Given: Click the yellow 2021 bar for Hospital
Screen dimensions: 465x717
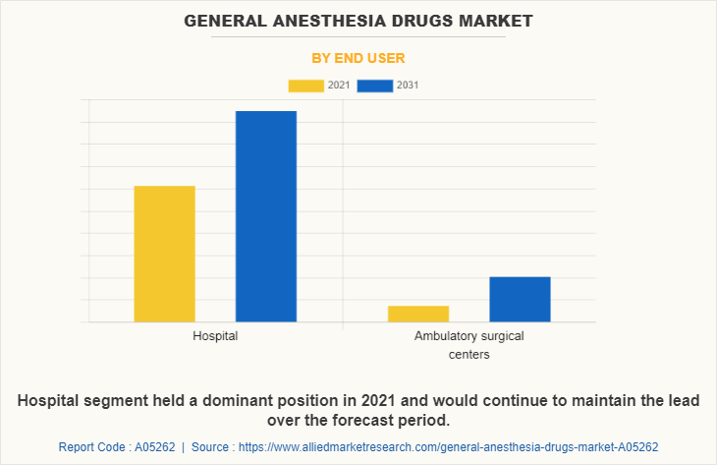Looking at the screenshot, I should tap(164, 254).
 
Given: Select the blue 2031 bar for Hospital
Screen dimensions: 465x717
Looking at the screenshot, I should tap(265, 216).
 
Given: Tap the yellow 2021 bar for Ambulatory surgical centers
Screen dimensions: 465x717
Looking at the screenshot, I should tap(418, 314).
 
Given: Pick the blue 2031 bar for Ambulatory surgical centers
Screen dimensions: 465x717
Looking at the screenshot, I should tap(520, 299).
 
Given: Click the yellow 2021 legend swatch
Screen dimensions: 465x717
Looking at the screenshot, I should tap(305, 86).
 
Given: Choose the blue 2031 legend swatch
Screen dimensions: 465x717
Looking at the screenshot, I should tap(375, 86).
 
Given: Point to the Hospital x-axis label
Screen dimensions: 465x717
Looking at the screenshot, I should tap(215, 336).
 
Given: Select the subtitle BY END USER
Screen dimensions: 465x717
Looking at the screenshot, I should tap(358, 58).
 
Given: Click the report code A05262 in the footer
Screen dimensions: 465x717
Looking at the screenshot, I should tap(154, 446).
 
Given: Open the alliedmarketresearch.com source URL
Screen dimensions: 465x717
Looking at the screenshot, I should tap(448, 446).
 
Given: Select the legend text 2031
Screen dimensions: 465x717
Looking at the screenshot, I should tap(408, 86).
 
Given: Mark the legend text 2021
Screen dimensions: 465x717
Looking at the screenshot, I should tap(338, 86).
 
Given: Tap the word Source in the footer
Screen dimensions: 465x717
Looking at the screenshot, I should tap(211, 446).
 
